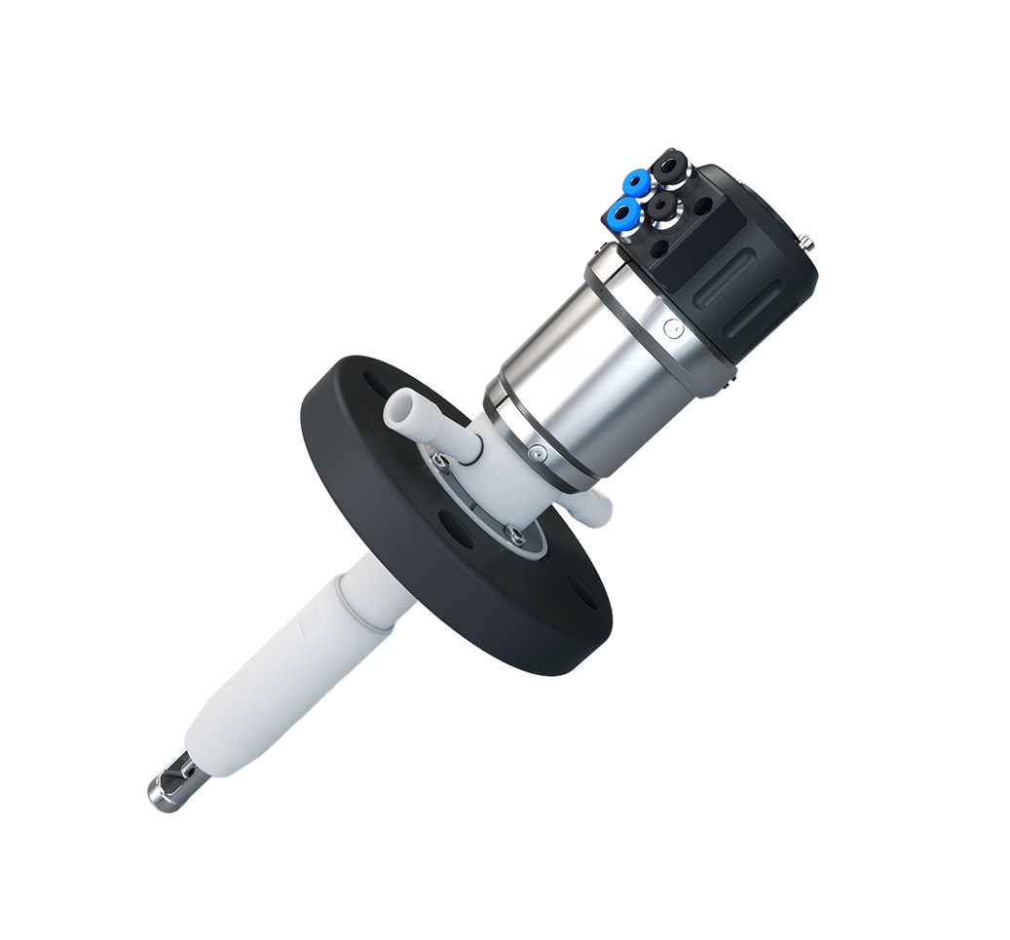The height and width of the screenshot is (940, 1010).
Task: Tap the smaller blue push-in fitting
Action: (x=636, y=182)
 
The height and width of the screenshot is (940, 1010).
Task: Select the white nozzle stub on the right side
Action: (x=588, y=504)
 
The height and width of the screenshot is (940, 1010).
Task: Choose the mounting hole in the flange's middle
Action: (x=456, y=522)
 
